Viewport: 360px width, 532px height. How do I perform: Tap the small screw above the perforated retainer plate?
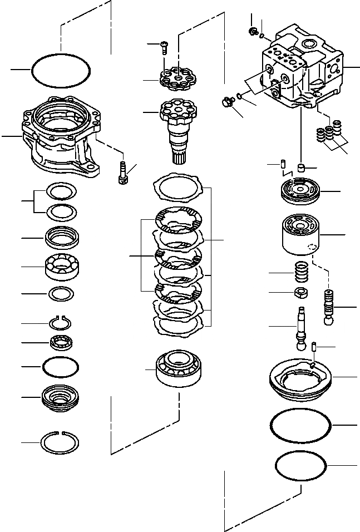[163, 47]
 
